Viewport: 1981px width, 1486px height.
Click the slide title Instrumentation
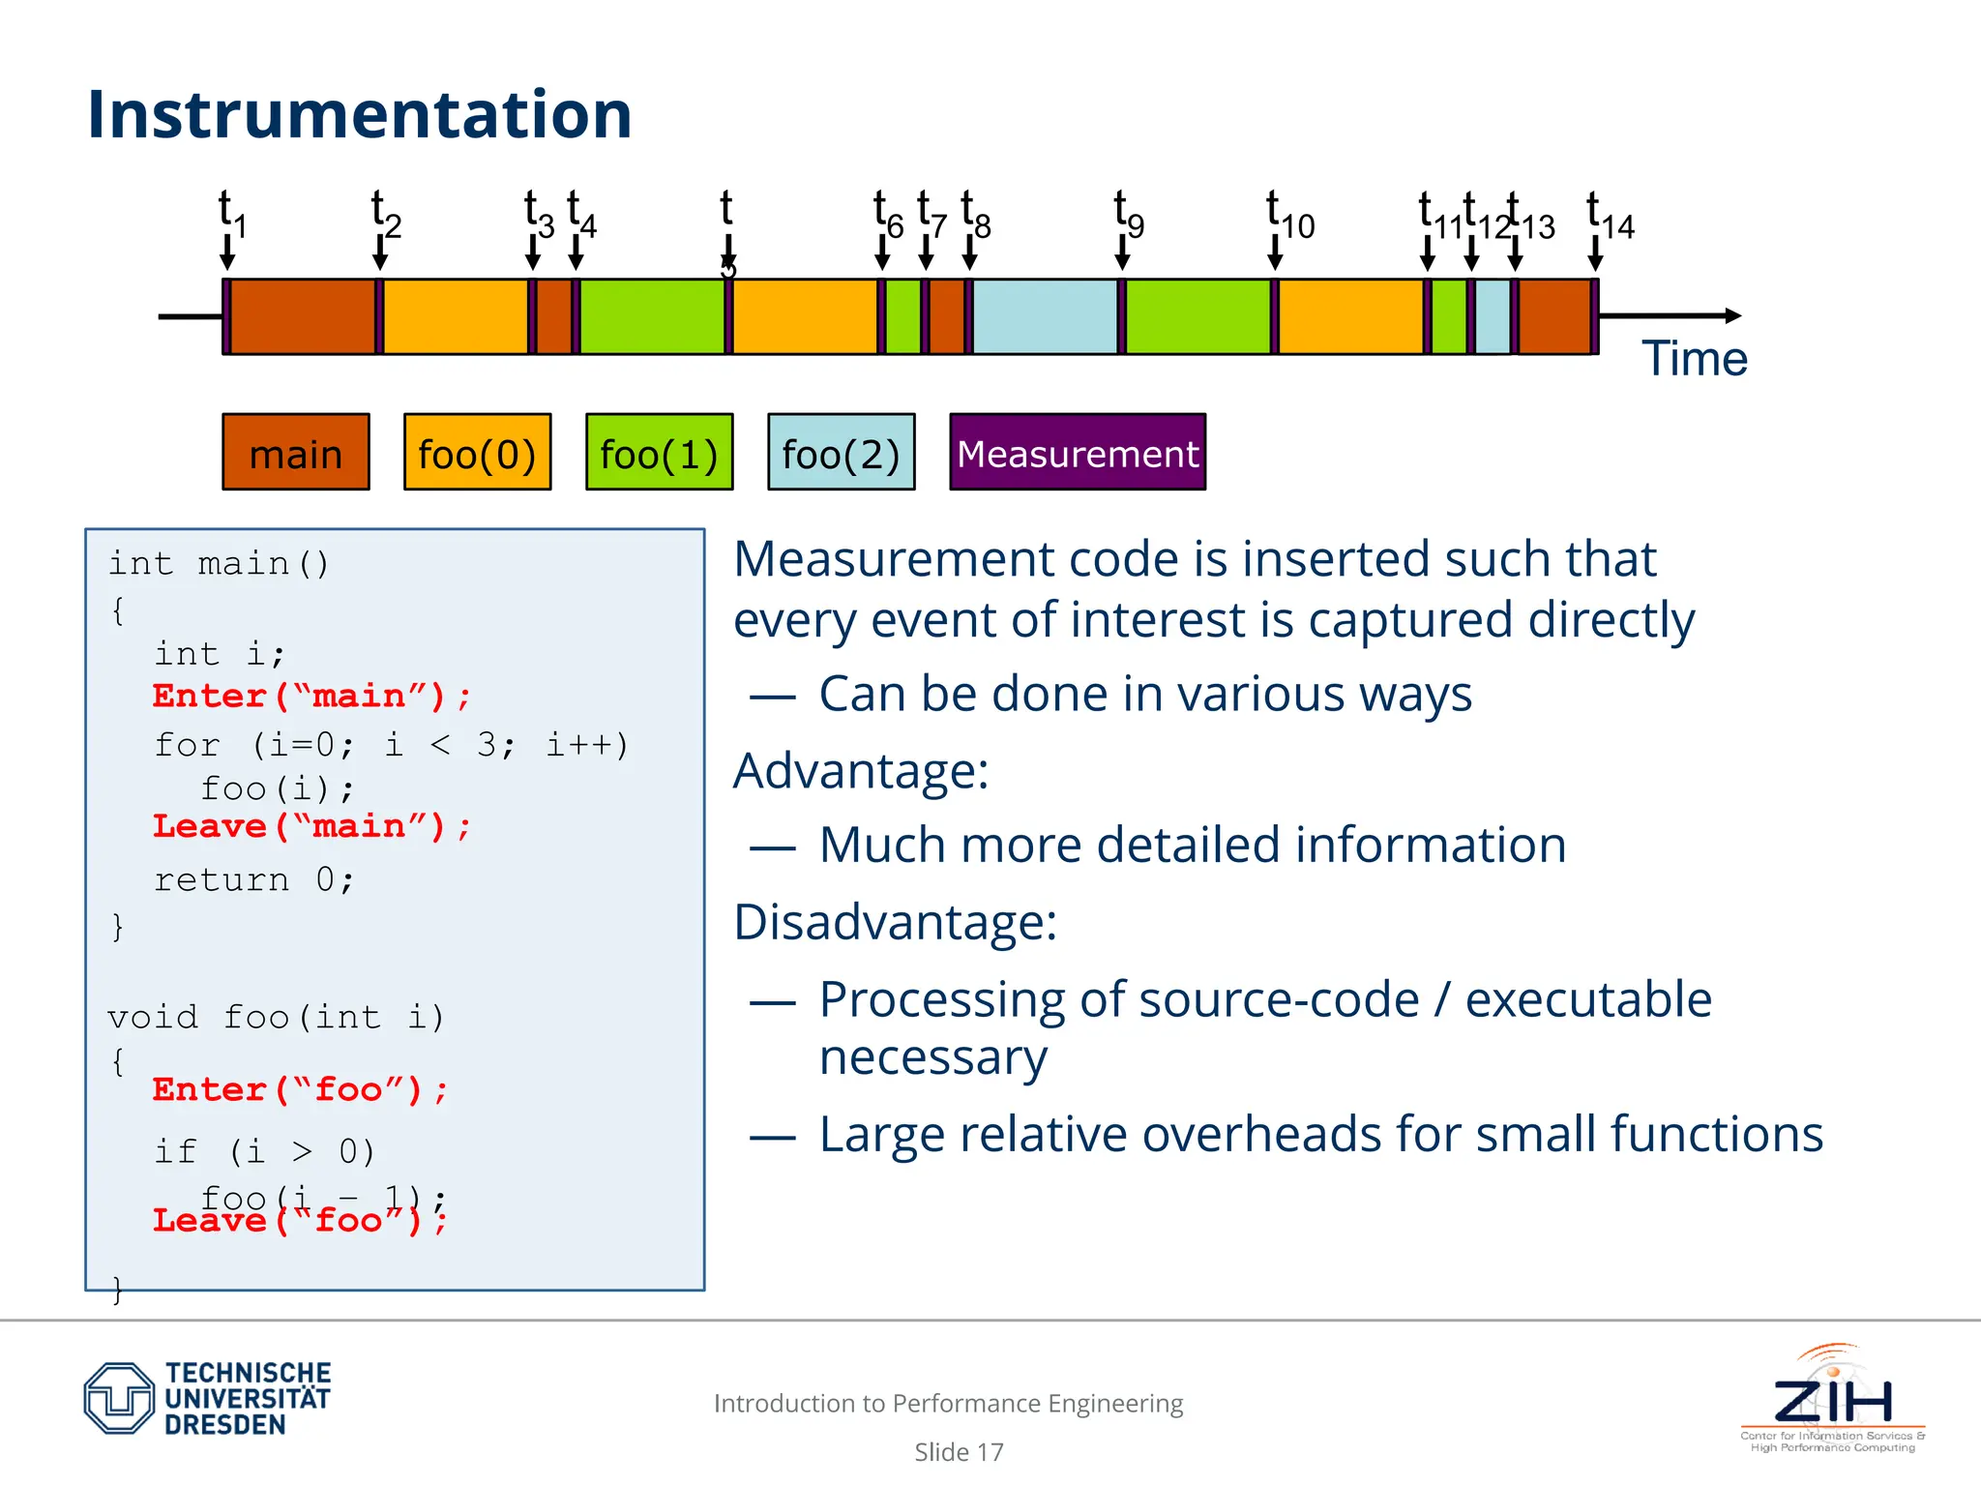[x=359, y=114]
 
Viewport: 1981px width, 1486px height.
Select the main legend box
[x=295, y=453]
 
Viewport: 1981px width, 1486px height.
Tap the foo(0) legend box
[x=477, y=453]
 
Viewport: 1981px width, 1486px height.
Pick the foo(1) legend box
[x=659, y=453]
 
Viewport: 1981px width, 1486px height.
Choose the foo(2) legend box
[x=841, y=453]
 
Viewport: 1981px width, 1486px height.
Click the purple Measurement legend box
[x=1077, y=453]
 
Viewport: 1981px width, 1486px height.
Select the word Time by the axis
[x=1694, y=359]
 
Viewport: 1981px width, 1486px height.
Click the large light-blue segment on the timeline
[x=1045, y=316]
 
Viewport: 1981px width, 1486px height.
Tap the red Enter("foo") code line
[x=300, y=1090]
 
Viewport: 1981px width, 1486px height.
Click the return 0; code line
[x=254, y=879]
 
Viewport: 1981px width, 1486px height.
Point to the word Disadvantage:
[x=895, y=922]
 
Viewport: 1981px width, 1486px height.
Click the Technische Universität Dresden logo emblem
[x=119, y=1398]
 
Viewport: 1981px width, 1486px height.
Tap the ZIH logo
[x=1832, y=1398]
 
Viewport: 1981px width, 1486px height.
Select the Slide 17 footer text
[x=959, y=1452]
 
